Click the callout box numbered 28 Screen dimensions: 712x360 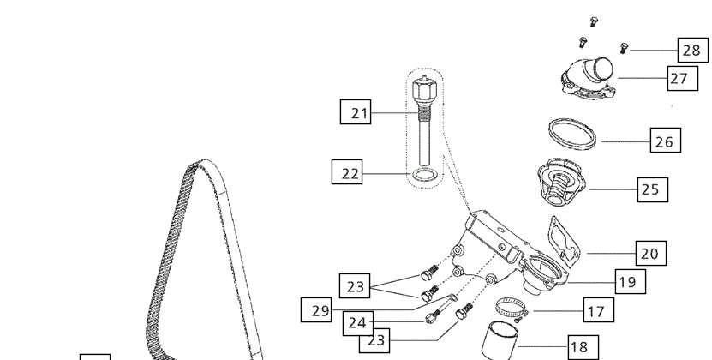tap(693, 50)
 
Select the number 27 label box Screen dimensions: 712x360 tap(683, 78)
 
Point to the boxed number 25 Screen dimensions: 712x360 tap(653, 189)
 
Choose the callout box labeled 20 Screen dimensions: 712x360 tap(650, 253)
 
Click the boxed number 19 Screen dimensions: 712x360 tap(631, 281)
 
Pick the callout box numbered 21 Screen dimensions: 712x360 tap(356, 111)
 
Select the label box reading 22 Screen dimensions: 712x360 tap(347, 171)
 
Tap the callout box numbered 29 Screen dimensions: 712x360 tap(316, 310)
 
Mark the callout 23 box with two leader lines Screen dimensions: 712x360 tap(355, 286)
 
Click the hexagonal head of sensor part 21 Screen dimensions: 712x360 tap(425, 88)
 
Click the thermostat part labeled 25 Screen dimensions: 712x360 tap(561, 182)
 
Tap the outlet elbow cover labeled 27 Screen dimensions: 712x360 tap(589, 77)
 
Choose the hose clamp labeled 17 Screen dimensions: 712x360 tap(512, 309)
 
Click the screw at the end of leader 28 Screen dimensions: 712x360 tap(624, 48)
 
